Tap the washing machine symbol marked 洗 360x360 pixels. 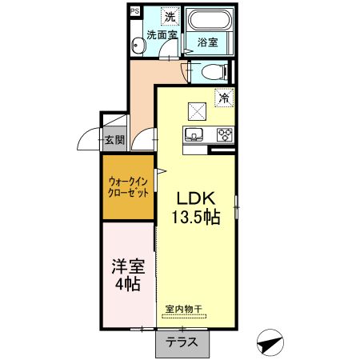tap(169, 16)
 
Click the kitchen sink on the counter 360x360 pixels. tap(194, 134)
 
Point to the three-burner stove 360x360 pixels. tap(222, 134)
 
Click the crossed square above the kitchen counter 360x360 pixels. tap(197, 110)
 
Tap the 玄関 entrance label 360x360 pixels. tap(113, 140)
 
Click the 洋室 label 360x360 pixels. tap(126, 264)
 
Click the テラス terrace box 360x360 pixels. tap(182, 342)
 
